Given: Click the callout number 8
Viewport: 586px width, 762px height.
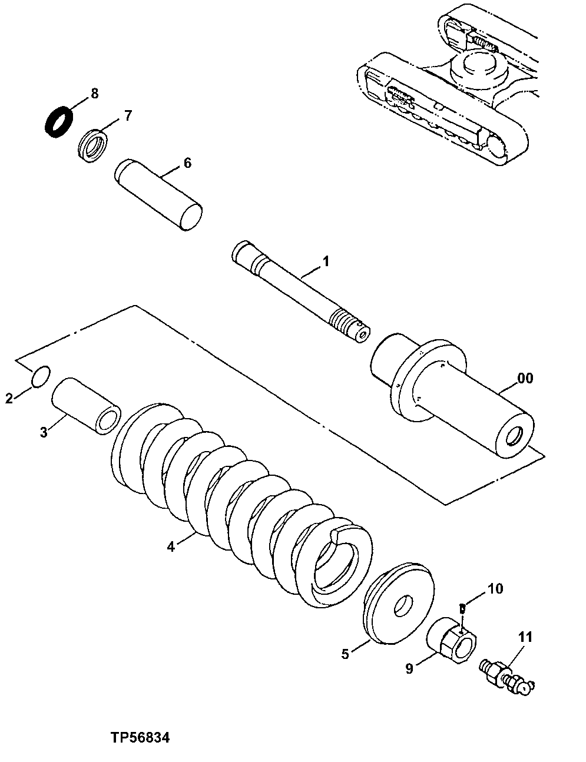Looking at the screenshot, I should point(94,93).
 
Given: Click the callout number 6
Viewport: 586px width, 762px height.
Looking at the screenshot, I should point(187,163).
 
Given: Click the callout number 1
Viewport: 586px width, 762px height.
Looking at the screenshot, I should point(326,261).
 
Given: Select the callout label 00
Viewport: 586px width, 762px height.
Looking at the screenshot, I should point(525,378).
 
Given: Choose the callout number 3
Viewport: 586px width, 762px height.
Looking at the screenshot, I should point(43,432).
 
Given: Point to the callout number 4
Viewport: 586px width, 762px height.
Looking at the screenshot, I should point(170,546).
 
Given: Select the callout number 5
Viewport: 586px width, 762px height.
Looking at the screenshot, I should point(345,653).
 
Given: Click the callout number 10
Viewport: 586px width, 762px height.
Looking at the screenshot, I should point(495,588).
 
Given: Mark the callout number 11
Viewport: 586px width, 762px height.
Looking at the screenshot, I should point(525,637).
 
